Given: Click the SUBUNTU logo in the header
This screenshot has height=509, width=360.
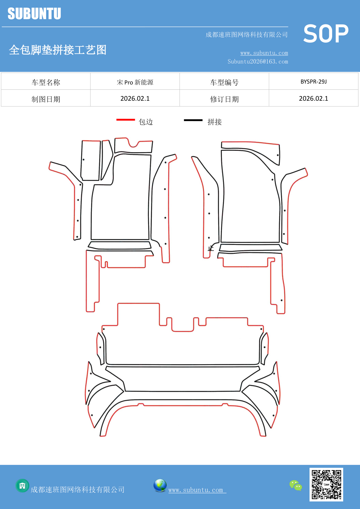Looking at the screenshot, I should [x=34, y=14].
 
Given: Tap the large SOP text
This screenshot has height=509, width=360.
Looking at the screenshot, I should [x=326, y=34].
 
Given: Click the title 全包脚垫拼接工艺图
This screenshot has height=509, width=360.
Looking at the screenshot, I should [x=58, y=50].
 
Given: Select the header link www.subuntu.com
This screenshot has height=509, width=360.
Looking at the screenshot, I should [x=264, y=53].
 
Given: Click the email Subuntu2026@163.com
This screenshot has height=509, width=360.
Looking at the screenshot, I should [x=258, y=62].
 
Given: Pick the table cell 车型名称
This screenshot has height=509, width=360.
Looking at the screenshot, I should [x=46, y=82].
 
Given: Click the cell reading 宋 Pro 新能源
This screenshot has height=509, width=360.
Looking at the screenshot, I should [x=135, y=82].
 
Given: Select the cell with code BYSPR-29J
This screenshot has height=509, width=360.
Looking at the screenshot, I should [x=314, y=82].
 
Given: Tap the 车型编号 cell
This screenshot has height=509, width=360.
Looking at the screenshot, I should [x=224, y=82].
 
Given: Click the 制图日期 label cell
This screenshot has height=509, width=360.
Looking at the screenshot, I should [x=46, y=99].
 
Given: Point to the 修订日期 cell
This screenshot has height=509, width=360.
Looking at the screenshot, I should [x=224, y=99].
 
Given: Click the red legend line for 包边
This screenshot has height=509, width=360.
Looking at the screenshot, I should [x=126, y=120].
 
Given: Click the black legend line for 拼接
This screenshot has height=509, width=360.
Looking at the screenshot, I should [x=193, y=120].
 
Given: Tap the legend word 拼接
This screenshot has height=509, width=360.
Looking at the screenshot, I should [x=215, y=122].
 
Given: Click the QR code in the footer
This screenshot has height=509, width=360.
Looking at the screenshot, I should [x=326, y=484].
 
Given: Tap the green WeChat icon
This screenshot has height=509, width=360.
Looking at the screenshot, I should [x=296, y=485].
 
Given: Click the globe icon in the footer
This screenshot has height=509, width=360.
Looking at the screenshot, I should [x=160, y=485].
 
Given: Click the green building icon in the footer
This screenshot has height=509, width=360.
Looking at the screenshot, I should [x=22, y=485].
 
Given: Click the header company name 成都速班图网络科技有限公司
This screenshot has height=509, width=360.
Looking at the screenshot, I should [x=247, y=35].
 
